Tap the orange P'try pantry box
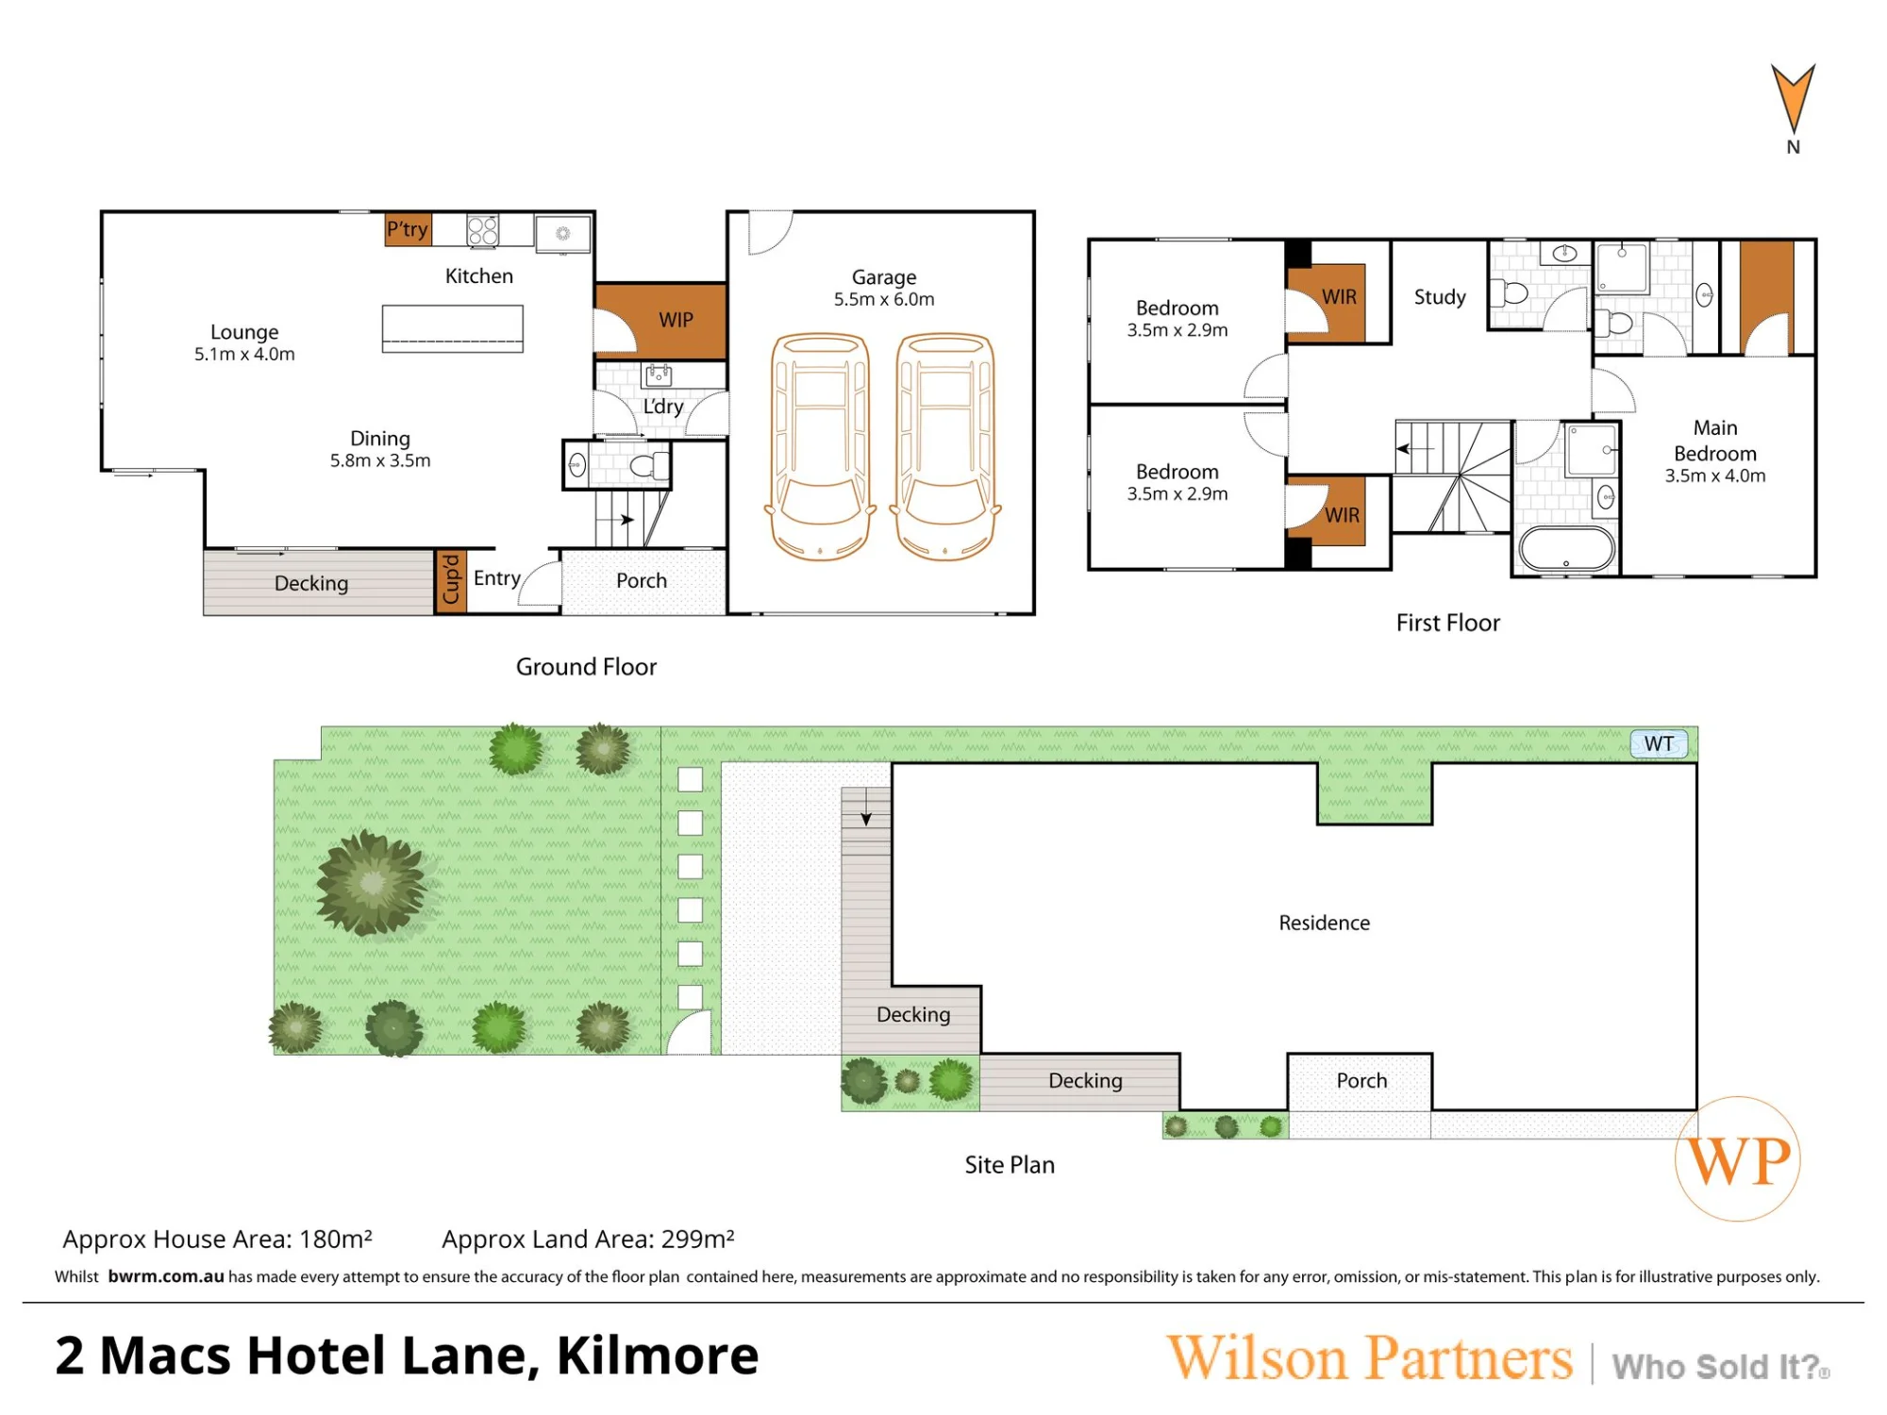(x=408, y=229)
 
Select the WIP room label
(x=676, y=320)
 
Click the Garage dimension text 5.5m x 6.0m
(x=884, y=299)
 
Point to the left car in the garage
(x=820, y=446)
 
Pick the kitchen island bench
(x=453, y=328)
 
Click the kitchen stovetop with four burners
(x=483, y=230)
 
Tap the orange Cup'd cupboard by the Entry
(x=451, y=581)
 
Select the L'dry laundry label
(x=662, y=407)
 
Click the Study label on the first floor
(x=1440, y=297)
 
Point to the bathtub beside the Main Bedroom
(x=1566, y=548)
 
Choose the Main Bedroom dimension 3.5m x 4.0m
(x=1714, y=475)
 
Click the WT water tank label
(x=1659, y=743)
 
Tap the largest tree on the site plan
(x=372, y=883)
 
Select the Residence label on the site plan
(x=1324, y=923)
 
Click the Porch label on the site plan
(x=1361, y=1080)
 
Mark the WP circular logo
(x=1738, y=1158)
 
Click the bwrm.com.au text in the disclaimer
(x=166, y=1276)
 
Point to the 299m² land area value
(x=697, y=1239)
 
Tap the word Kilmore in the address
(x=658, y=1356)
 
